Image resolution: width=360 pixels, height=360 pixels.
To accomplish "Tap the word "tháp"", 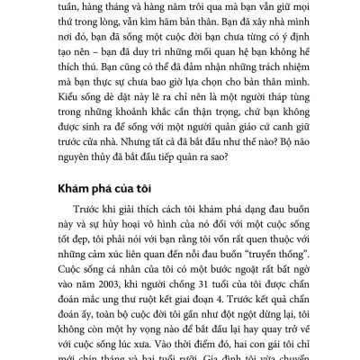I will (261, 106).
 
